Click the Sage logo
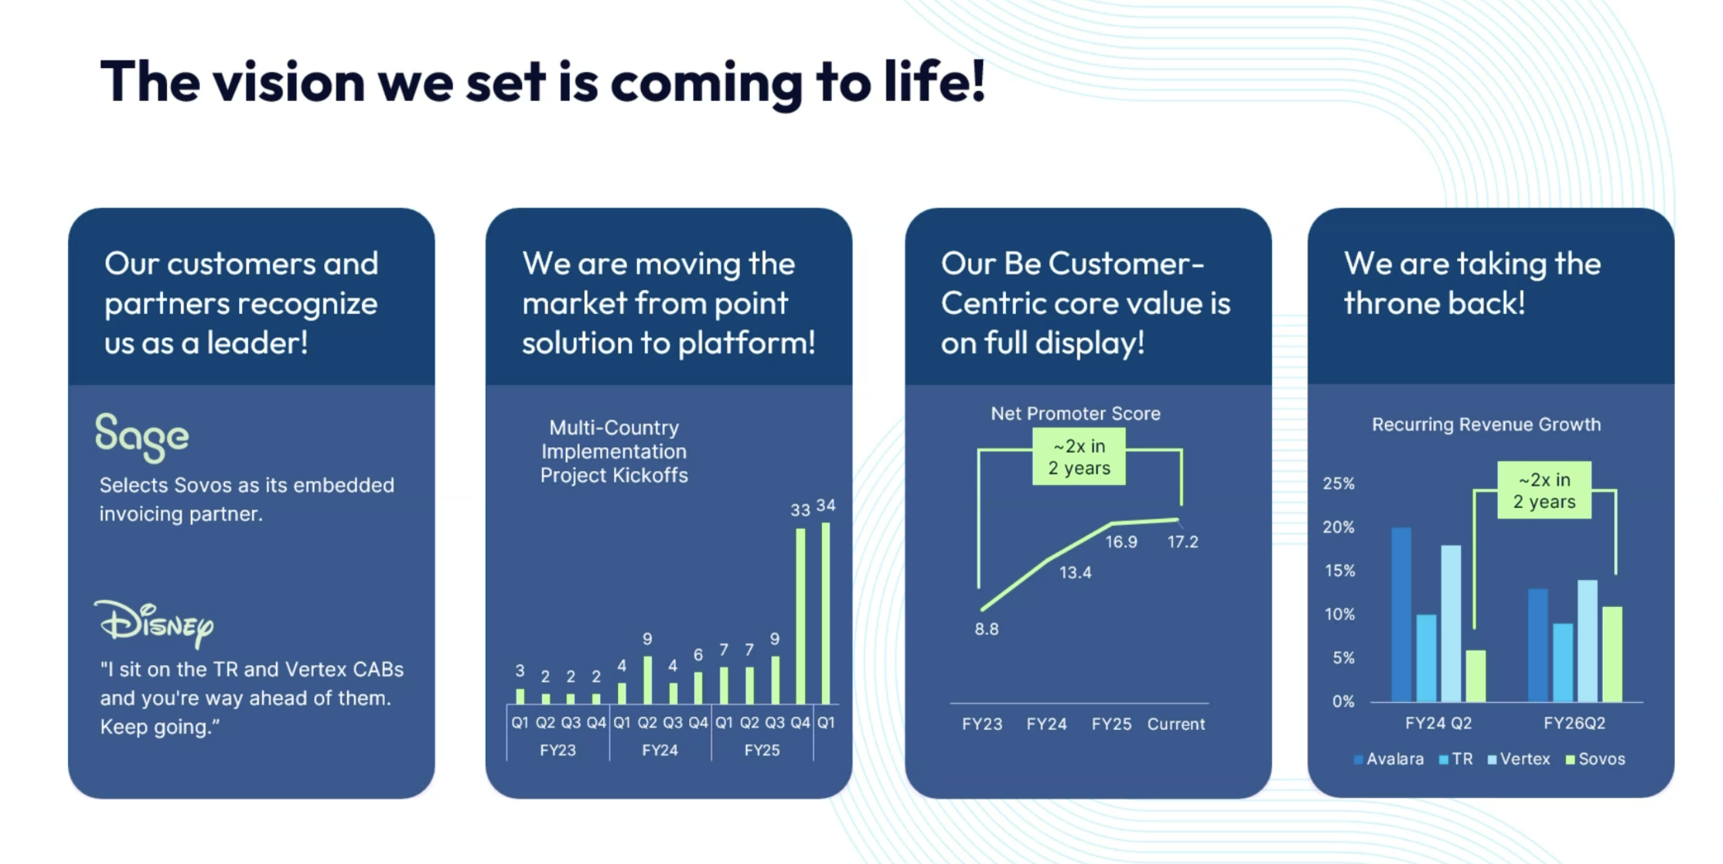142,437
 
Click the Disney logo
154,623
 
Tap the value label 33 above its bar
800,510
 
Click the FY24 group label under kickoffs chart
659,750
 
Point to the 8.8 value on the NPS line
986,629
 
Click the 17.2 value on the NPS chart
1182,542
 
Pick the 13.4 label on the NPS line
1075,572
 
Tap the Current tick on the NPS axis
1176,724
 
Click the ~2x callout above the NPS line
1079,457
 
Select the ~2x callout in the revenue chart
1543,491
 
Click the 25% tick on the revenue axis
1338,484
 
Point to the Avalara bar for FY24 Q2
1401,614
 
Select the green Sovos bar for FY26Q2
1612,654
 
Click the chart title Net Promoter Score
1075,414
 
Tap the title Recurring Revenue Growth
1486,424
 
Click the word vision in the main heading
289,82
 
